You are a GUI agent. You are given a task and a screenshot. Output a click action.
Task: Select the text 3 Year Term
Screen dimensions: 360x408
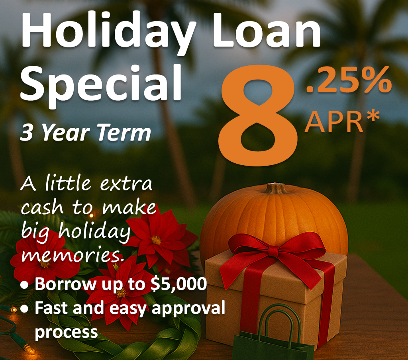point(86,133)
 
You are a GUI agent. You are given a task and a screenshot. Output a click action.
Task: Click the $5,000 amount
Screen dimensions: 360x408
point(182,284)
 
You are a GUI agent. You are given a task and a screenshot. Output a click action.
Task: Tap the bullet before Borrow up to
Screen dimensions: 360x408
point(25,285)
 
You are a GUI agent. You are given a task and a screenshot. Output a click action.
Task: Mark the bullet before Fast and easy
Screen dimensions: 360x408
point(25,309)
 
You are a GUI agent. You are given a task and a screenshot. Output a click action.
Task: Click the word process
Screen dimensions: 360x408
point(66,332)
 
